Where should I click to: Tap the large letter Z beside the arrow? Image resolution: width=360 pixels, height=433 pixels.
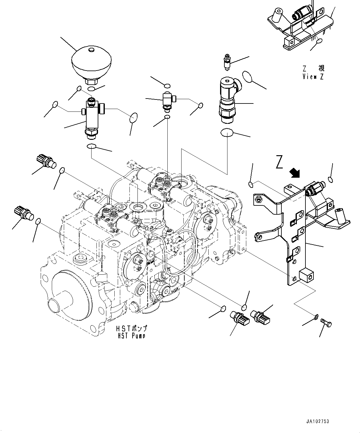click(x=279, y=162)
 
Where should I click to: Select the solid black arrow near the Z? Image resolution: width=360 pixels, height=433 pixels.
click(x=296, y=173)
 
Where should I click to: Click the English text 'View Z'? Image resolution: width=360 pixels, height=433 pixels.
click(x=313, y=77)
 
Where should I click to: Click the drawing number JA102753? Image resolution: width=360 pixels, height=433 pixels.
click(x=317, y=421)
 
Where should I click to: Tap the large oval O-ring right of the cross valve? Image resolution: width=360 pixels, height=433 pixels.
click(x=133, y=118)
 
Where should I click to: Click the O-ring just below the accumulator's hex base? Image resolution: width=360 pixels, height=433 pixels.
click(x=91, y=89)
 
